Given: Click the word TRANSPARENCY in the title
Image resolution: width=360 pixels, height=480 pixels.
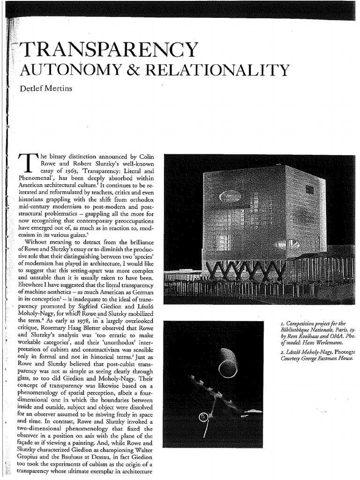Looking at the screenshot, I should (106, 50).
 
